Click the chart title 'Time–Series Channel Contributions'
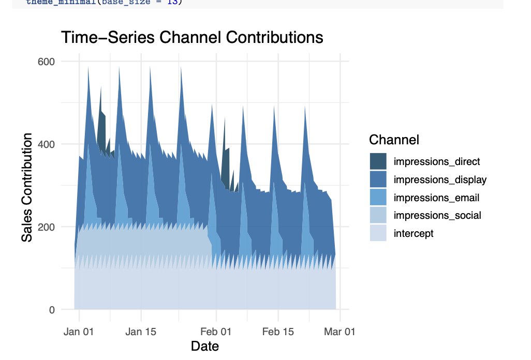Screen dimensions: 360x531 (192, 38)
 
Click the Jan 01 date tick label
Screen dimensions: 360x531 (79, 332)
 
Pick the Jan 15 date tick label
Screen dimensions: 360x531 (141, 332)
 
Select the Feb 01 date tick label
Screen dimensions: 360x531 (216, 332)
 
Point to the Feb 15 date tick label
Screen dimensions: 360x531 (278, 332)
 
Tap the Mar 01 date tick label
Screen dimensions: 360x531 (340, 332)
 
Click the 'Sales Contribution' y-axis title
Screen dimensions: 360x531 (27, 187)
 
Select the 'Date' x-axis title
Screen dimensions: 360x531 (205, 346)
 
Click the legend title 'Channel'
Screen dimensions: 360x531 (394, 140)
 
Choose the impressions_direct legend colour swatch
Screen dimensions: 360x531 (378, 161)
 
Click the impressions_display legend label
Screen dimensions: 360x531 (440, 179)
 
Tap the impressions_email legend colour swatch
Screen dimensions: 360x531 (378, 198)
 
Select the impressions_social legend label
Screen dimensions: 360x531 (437, 215)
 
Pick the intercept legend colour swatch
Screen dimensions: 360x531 (378, 233)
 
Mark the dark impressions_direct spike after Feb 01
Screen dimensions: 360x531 (224, 155)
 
